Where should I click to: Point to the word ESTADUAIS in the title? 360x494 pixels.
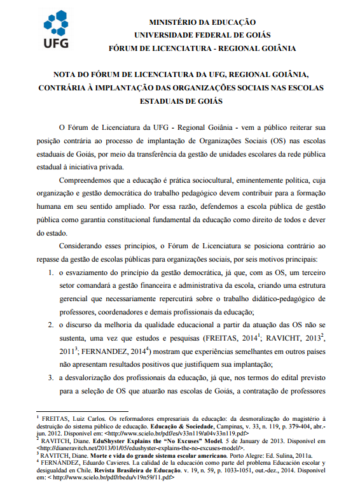click(166, 101)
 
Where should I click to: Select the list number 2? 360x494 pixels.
click(52, 325)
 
